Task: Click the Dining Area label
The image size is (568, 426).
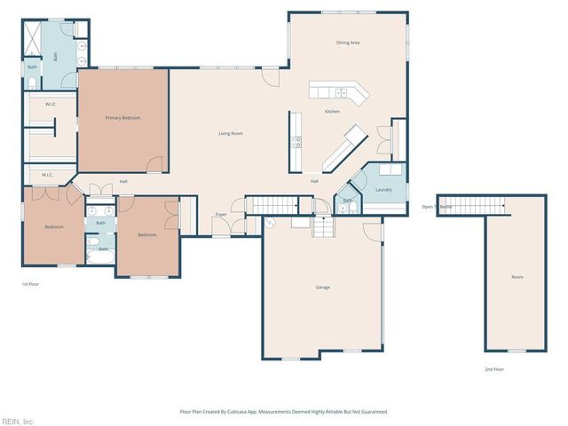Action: pos(347,42)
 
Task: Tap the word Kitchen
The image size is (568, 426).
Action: pos(332,111)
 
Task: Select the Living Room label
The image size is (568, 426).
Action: pos(231,133)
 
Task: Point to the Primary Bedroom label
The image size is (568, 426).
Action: pos(123,117)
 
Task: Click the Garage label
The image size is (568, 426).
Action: pos(323,287)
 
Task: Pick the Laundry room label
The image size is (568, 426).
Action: pos(384,189)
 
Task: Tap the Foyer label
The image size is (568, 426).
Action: pos(221,214)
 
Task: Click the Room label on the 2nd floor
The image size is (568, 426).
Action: pos(517,277)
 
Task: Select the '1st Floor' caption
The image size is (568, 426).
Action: pos(31,284)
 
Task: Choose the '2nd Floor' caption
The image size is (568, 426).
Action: pos(493,367)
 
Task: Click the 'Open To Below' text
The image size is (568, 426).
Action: pos(437,207)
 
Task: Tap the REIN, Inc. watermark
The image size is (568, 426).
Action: pos(18,421)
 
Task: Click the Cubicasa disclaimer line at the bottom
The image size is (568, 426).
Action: pos(284,412)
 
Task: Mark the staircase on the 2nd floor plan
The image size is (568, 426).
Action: pos(471,205)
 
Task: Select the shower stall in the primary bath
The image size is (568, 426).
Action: pos(32,41)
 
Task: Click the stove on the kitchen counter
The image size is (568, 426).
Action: pos(296,140)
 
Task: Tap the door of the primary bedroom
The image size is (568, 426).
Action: pos(156,165)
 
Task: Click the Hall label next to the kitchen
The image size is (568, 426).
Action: pos(314,181)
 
